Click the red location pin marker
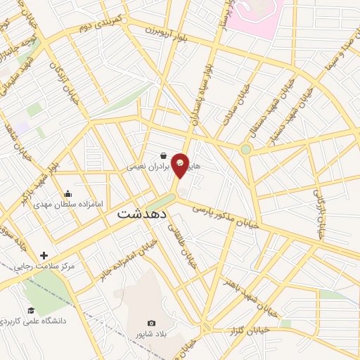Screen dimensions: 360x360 coord(181,165)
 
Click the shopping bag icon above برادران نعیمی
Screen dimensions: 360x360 coord(163,156)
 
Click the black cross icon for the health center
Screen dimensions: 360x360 coord(44,255)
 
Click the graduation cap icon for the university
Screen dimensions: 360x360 coord(30,310)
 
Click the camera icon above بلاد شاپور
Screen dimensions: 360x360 coord(151,323)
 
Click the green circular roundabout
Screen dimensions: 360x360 coord(245,149)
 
